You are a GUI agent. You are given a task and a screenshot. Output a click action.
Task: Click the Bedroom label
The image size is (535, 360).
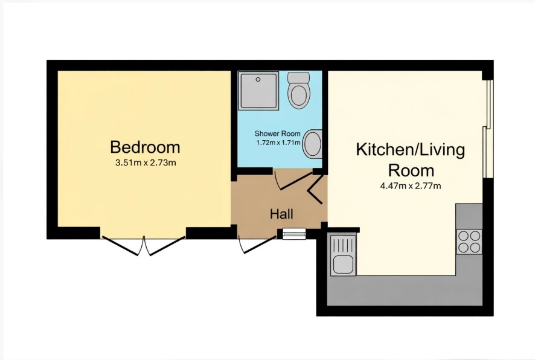click(145, 147)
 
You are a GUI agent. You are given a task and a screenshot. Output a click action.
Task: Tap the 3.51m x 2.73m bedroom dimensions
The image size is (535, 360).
click(146, 162)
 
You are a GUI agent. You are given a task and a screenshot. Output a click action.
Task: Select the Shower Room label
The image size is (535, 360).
click(277, 133)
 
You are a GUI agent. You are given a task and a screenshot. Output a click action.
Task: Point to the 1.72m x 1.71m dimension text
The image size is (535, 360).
click(278, 143)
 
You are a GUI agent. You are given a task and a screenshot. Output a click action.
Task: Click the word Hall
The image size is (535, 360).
click(281, 214)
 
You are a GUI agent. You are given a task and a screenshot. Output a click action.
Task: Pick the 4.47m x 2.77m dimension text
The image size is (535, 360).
click(411, 186)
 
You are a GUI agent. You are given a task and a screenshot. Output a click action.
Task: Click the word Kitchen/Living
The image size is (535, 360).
click(411, 150)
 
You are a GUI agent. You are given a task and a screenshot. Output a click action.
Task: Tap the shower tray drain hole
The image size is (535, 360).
click(258, 80)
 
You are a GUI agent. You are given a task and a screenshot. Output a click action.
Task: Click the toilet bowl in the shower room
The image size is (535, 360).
click(298, 95)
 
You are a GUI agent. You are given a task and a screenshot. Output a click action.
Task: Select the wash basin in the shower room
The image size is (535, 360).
click(313, 144)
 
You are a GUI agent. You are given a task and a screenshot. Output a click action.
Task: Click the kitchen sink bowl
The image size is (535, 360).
click(343, 265)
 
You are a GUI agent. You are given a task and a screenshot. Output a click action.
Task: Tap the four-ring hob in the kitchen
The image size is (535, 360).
click(470, 241)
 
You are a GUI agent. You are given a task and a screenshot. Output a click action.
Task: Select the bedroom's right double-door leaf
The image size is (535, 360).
click(167, 246)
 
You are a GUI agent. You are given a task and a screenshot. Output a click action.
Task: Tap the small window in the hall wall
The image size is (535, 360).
click(294, 234)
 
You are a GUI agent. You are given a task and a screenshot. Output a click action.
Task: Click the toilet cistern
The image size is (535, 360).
click(298, 77)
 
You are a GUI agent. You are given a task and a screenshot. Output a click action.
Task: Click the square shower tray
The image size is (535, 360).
click(258, 91)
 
